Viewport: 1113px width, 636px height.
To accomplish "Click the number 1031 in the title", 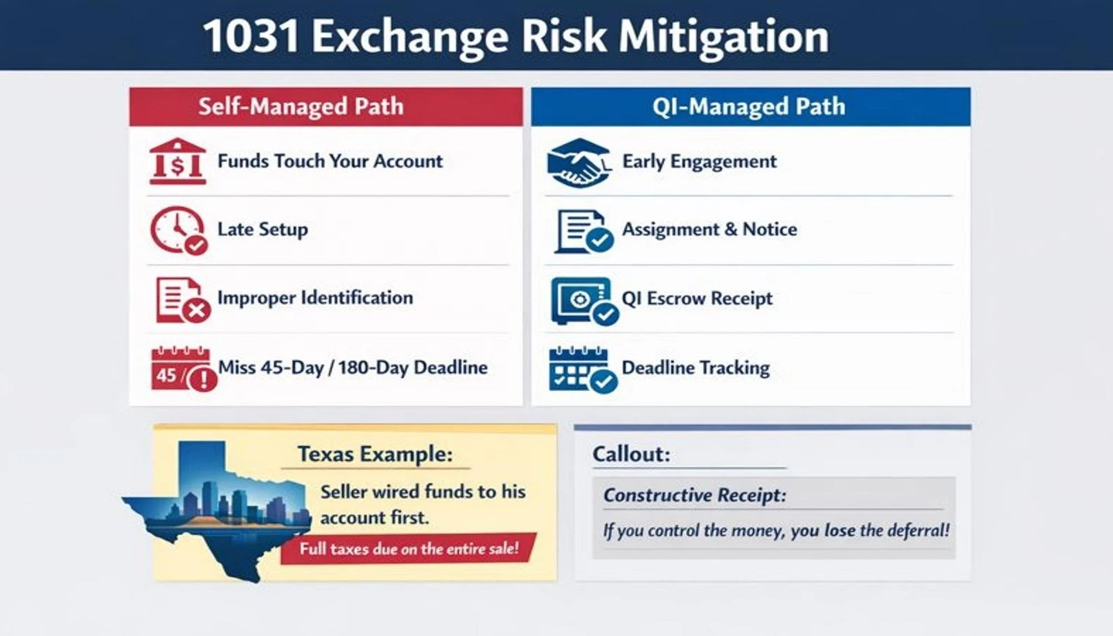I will click(x=250, y=36).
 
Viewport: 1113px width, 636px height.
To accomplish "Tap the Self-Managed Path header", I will click(x=301, y=106).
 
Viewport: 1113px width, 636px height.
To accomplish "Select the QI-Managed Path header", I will click(x=748, y=106).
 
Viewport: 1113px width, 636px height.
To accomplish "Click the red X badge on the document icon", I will click(x=196, y=310).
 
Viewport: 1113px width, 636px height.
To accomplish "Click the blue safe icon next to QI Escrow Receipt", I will click(x=582, y=300).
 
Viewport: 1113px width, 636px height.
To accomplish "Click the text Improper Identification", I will click(x=315, y=298).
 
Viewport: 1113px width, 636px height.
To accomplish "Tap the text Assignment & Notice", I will click(x=709, y=229).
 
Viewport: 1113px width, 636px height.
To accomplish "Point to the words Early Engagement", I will click(x=699, y=161).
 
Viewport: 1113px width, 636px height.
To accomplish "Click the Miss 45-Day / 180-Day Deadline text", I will click(x=352, y=367).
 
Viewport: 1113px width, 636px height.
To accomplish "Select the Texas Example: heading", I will click(x=375, y=454).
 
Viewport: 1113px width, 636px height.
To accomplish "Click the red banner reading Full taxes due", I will click(x=408, y=549).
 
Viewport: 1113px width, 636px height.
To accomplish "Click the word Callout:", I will click(x=631, y=454).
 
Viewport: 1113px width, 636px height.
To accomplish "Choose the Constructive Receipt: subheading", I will click(x=695, y=495).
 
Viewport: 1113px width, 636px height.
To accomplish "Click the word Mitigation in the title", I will click(x=723, y=36).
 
